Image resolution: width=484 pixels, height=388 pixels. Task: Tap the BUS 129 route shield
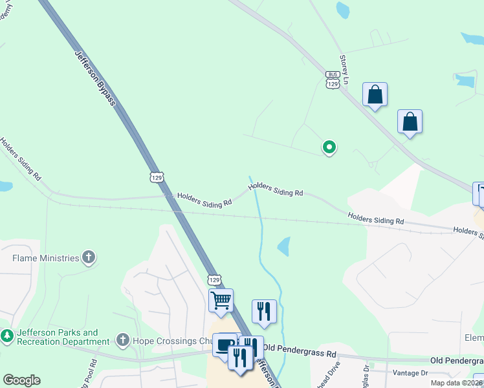[332, 80]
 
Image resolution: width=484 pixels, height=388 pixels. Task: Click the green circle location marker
[329, 147]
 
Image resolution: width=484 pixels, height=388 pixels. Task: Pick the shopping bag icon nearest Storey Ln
[375, 96]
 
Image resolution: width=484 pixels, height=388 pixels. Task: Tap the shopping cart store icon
[221, 301]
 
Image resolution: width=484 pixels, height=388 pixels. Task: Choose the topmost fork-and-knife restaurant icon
[264, 311]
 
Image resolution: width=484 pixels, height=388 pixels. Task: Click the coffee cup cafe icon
[225, 344]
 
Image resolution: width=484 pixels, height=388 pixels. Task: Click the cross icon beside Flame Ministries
[89, 259]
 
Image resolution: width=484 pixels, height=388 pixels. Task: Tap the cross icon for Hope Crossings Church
[122, 340]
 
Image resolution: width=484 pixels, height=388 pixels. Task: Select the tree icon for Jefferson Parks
[8, 336]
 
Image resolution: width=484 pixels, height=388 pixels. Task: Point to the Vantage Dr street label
[411, 373]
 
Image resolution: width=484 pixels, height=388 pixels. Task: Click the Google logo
[21, 380]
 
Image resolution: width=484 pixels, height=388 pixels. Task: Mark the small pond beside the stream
[283, 246]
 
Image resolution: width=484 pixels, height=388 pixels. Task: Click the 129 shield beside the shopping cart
[215, 279]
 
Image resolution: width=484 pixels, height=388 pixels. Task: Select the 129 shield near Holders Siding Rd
[156, 177]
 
